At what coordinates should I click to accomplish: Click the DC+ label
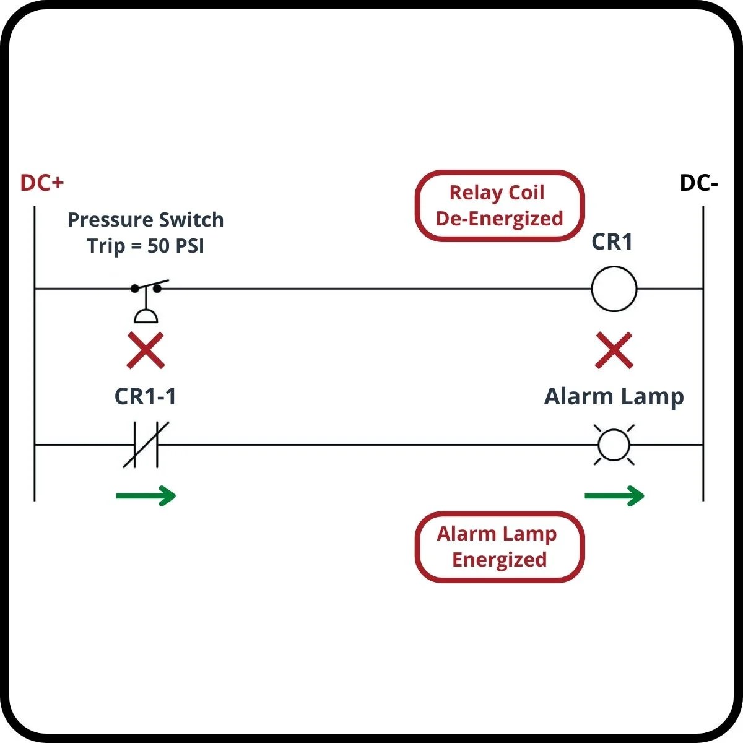tap(42, 183)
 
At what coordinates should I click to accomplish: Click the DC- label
tap(698, 183)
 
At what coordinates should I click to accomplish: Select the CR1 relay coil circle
tap(614, 289)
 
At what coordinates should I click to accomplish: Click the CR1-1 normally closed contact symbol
tap(146, 445)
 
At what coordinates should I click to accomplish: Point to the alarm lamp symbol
tap(614, 445)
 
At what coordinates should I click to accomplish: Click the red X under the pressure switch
tap(146, 350)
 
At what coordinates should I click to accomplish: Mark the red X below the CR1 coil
tap(614, 350)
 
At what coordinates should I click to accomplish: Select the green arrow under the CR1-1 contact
tap(146, 495)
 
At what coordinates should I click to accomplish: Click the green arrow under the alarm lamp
tap(614, 495)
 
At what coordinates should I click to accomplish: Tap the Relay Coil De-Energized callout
tap(499, 206)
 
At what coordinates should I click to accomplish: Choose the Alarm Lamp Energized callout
tap(499, 547)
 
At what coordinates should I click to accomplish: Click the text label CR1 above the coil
tap(612, 241)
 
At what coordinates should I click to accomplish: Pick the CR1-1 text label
tap(146, 396)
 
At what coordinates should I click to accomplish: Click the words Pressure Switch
tap(146, 219)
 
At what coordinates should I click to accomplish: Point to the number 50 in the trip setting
tap(159, 246)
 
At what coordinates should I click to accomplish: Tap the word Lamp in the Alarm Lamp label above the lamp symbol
tap(653, 396)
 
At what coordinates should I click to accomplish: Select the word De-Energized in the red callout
tap(499, 219)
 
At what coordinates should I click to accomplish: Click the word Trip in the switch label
tap(106, 246)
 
